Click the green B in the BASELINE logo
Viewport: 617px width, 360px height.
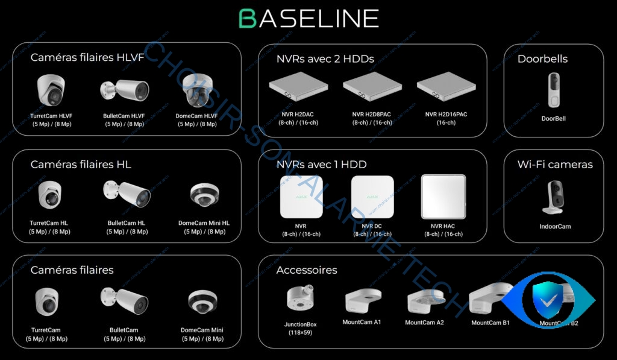coord(248,19)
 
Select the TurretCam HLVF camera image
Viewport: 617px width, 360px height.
coord(50,90)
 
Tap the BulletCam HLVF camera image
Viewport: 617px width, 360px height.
coord(125,91)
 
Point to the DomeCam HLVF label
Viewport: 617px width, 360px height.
coord(198,116)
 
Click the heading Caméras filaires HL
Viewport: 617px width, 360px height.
coord(81,164)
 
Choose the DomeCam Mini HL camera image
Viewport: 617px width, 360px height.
coord(204,195)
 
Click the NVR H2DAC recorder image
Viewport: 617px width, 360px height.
coord(298,88)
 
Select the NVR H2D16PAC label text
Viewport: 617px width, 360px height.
coord(446,114)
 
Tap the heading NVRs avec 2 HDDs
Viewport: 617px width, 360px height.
coord(325,58)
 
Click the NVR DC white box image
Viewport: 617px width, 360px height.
coord(372,197)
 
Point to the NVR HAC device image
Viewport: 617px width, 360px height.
coord(443,196)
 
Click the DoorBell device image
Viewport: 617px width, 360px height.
coord(553,90)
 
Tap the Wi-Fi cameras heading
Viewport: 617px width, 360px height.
coord(555,164)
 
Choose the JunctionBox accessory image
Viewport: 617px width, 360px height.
coord(300,299)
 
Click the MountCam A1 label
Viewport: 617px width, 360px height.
coord(362,322)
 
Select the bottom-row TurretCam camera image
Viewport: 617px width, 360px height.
coord(46,302)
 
